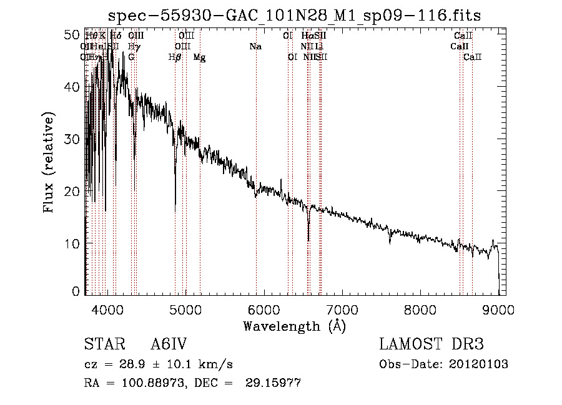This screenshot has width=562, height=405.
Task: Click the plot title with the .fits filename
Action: tap(294, 16)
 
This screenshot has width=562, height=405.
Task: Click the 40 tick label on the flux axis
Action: tap(73, 87)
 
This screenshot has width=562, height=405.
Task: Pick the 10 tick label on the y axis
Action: tap(73, 243)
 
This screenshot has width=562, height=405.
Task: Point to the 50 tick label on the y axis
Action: tap(73, 35)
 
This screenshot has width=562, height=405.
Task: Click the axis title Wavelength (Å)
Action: tap(294, 326)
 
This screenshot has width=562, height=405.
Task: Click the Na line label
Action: tap(255, 47)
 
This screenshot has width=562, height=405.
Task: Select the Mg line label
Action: tap(199, 57)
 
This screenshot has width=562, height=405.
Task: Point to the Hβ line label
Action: tap(175, 57)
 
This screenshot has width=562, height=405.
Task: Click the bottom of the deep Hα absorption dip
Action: tap(308, 240)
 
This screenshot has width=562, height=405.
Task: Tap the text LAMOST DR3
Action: tap(431, 345)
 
